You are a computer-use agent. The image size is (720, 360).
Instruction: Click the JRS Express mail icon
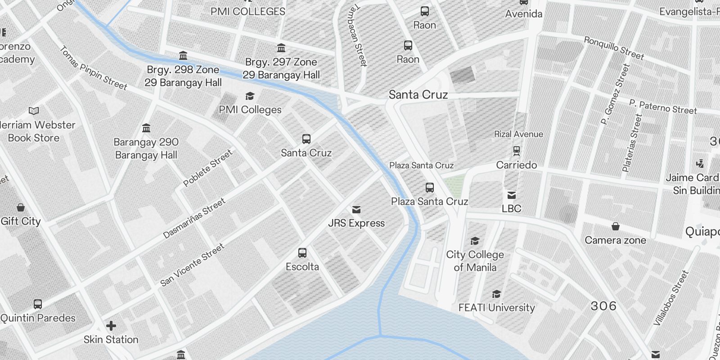coord(356,210)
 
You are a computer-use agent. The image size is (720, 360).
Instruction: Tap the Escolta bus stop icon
coord(302,253)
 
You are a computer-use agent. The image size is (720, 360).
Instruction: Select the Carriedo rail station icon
coord(517,150)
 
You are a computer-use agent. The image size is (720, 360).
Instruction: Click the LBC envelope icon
coord(512,195)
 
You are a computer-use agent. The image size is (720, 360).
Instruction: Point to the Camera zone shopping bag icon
coord(615,226)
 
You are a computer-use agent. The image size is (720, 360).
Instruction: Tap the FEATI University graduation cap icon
coord(496,294)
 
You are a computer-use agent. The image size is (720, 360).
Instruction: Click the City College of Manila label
coord(475,261)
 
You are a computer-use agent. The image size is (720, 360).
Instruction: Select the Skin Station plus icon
coord(111,325)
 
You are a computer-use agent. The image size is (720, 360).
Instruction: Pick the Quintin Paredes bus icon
coord(38,304)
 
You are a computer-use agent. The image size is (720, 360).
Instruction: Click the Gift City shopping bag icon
coord(21,207)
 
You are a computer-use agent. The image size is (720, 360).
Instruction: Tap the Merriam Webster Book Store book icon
coord(34,111)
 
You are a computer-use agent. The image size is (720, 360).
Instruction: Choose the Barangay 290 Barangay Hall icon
coord(146,128)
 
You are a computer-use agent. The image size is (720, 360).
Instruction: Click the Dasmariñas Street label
coord(194,219)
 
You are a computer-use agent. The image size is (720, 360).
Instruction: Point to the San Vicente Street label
coord(192,265)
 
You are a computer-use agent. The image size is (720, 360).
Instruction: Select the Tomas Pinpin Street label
coord(94,68)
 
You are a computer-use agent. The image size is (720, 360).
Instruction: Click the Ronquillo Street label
coord(614,48)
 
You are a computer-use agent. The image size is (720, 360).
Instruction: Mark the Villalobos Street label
coord(671,297)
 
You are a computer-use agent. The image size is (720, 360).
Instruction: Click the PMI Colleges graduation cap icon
coord(250,96)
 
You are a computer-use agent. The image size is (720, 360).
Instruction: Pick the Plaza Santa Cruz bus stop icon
coord(430,188)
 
